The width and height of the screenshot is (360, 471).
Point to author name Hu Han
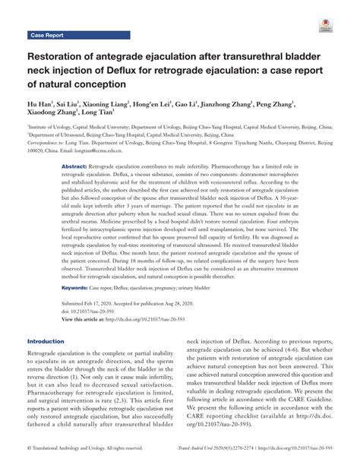[x=43, y=103]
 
